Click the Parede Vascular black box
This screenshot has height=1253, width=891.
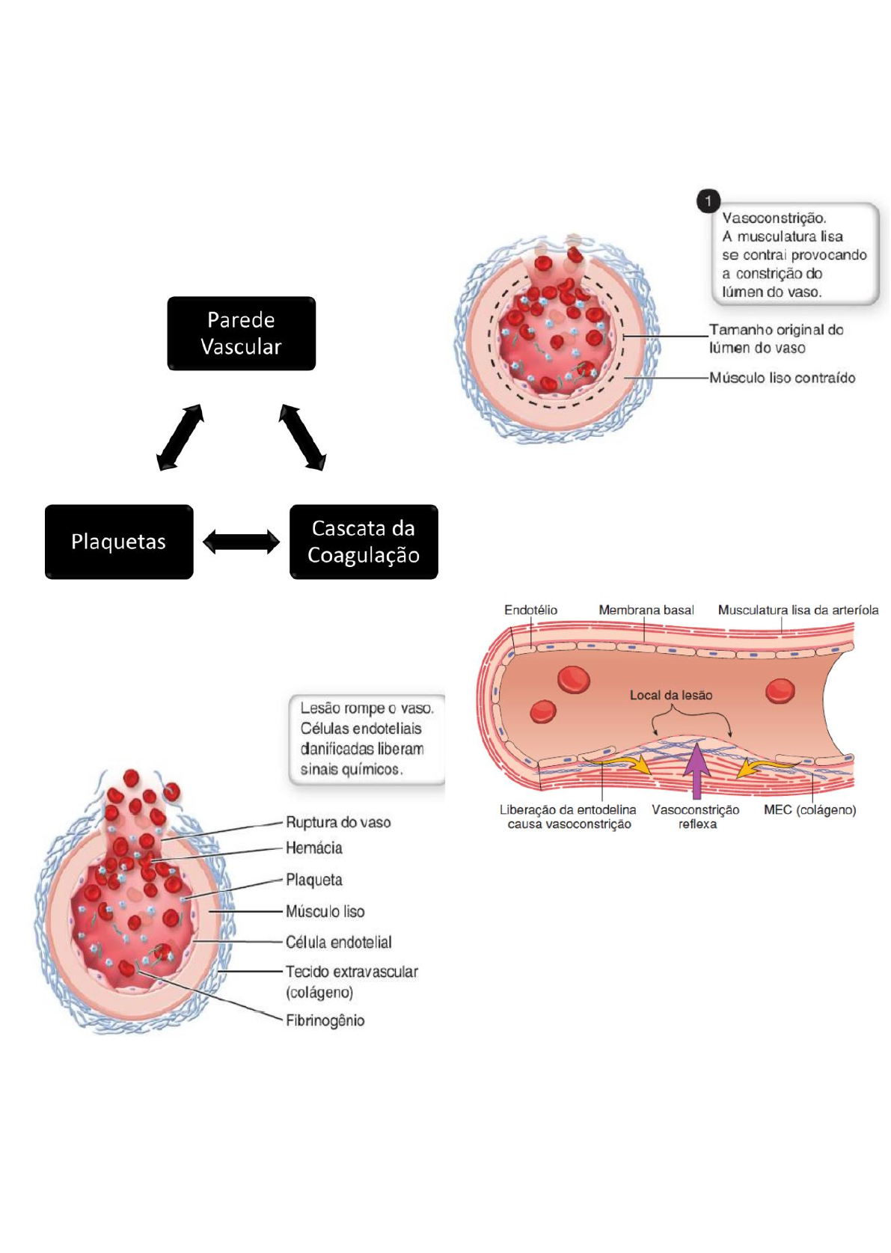point(241,334)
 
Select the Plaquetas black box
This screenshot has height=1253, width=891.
point(119,542)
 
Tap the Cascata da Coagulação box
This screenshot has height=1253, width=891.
point(364,542)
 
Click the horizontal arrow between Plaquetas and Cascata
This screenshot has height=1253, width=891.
point(241,542)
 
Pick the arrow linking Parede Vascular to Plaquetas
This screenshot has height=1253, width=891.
point(180,438)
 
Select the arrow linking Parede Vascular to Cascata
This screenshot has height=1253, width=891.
point(302,438)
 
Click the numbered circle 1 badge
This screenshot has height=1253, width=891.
point(708,200)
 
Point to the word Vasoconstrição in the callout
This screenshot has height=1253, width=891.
point(774,218)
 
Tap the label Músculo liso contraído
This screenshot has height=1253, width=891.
point(782,378)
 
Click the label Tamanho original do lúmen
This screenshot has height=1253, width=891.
point(776,339)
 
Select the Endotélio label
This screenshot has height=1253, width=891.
point(530,610)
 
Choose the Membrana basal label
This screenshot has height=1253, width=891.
point(646,610)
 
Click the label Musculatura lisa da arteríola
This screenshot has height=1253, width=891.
point(798,610)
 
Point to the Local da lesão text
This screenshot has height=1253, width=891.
point(671,696)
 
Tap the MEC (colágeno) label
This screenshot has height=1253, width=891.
point(809,810)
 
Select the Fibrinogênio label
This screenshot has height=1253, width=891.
point(325,1020)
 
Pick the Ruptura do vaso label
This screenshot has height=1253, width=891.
point(338,823)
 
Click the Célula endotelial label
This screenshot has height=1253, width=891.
point(338,943)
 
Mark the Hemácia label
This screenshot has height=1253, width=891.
point(314,848)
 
